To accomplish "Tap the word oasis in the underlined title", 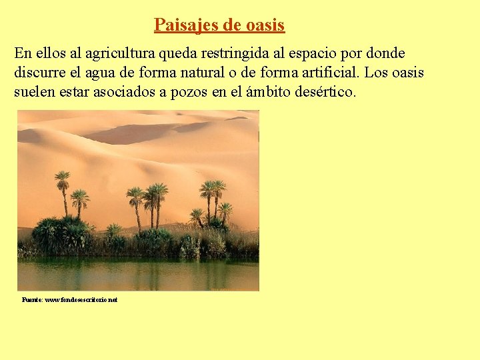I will click(x=265, y=25).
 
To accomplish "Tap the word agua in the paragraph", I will click(x=113, y=73).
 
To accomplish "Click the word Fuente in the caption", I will click(x=31, y=300).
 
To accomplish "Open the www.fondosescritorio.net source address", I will click(x=81, y=300).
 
